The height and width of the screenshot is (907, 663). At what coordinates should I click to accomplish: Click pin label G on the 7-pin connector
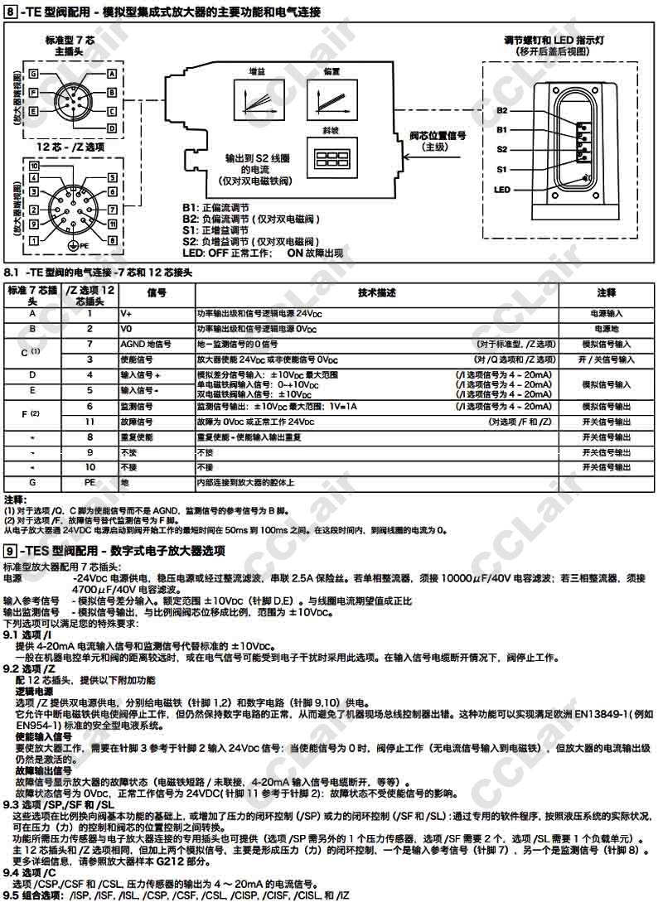(34, 74)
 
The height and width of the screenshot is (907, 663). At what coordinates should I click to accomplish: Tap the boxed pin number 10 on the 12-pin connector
(34, 166)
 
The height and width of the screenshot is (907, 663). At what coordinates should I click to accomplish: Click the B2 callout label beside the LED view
(502, 110)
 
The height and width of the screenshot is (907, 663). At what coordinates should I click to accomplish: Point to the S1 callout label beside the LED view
(502, 169)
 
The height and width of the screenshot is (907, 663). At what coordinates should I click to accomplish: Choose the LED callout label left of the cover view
(502, 190)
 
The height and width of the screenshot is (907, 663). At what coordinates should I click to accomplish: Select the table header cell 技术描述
(377, 293)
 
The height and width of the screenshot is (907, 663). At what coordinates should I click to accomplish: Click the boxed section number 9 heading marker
(9, 551)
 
